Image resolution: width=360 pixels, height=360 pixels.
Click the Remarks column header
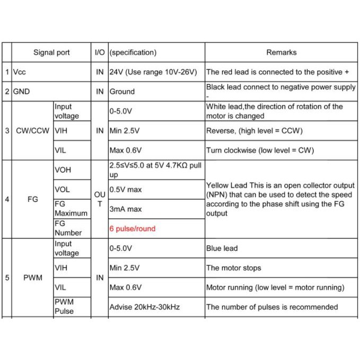(x=281, y=52)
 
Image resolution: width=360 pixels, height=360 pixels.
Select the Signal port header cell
(x=51, y=52)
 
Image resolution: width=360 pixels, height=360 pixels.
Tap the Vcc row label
(x=19, y=72)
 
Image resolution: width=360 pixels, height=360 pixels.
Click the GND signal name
(x=21, y=91)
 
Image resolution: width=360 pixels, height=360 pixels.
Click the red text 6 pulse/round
(x=132, y=229)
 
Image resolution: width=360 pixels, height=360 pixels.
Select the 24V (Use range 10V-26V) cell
(x=153, y=72)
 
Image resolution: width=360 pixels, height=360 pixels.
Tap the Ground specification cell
(x=122, y=91)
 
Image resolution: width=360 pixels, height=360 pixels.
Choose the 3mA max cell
(x=126, y=209)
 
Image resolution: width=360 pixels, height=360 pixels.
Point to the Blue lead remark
(x=222, y=248)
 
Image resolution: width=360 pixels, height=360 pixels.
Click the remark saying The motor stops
(x=233, y=268)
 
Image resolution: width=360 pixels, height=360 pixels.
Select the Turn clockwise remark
(x=260, y=150)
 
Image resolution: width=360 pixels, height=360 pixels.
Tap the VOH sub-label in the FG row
(x=63, y=170)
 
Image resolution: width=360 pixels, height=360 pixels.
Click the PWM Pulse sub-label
(x=64, y=306)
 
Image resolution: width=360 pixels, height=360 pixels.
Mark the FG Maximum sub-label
(x=71, y=209)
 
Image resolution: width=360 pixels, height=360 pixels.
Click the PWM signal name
(x=32, y=277)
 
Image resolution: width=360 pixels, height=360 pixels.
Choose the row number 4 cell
(x=6, y=199)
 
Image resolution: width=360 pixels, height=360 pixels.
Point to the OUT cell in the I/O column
(x=100, y=199)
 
